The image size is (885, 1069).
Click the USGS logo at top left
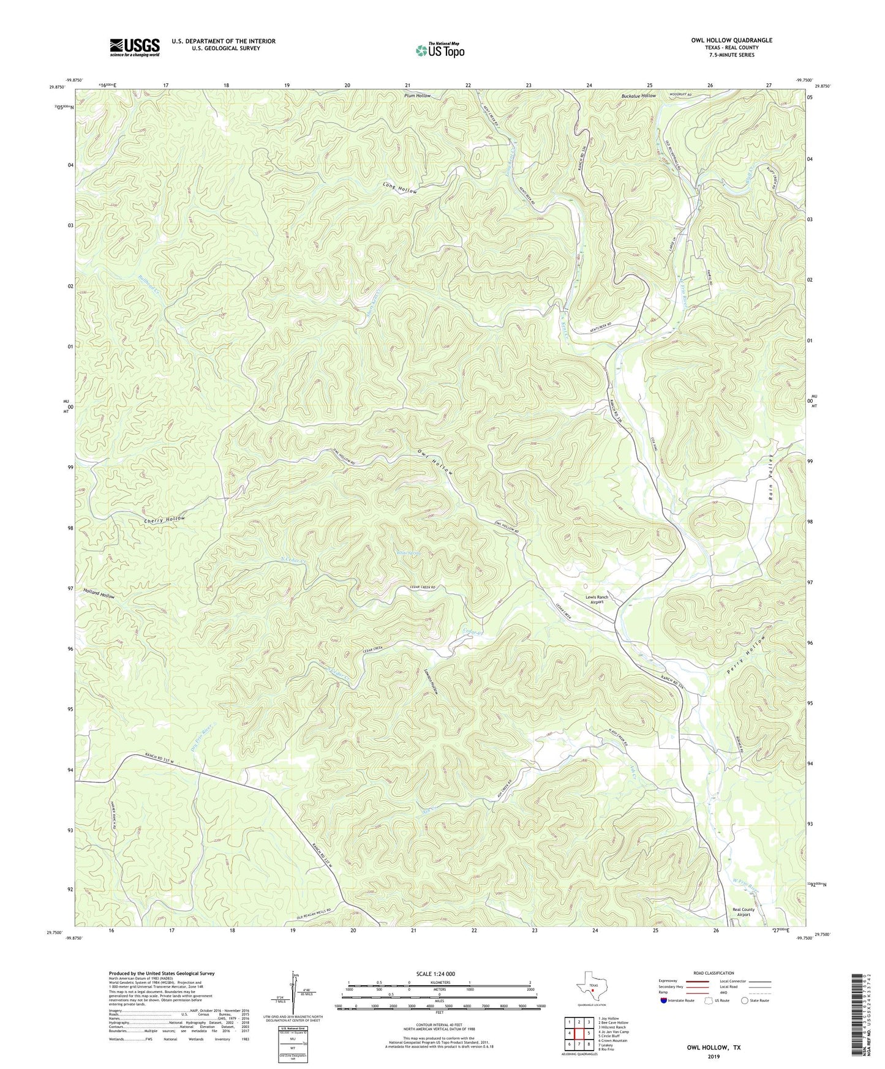coord(135,47)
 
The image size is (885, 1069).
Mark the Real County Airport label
coord(744,913)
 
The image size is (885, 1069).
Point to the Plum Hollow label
coord(417,96)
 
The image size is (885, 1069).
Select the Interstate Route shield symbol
coord(665,1000)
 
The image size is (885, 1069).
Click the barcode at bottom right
coord(861,1018)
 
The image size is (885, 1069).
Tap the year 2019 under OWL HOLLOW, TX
coord(713,1056)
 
